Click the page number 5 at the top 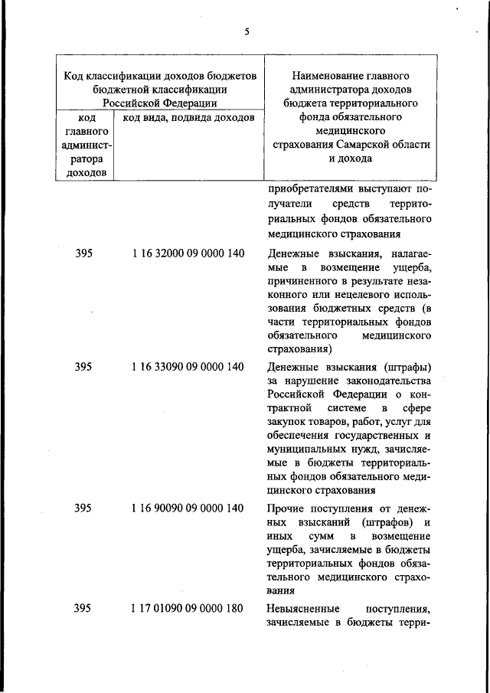click(x=247, y=31)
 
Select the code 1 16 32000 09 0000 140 click(x=188, y=253)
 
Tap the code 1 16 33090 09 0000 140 click(x=188, y=367)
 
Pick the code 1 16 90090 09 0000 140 click(x=188, y=508)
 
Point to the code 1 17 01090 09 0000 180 click(x=188, y=609)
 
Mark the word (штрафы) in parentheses click(x=404, y=367)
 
